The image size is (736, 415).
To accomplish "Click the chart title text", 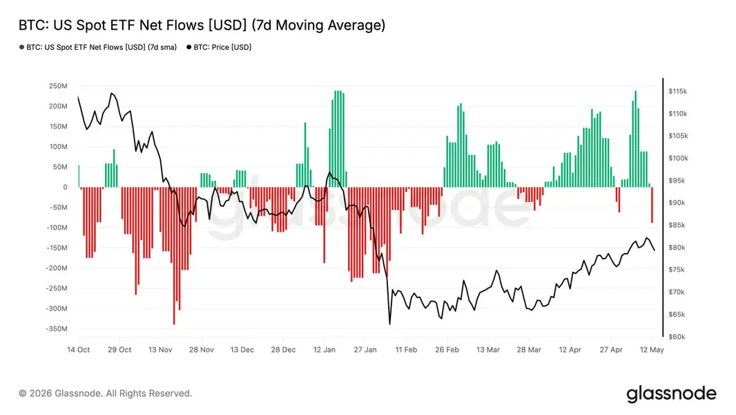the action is tap(202, 26).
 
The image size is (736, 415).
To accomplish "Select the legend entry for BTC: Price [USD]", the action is tap(219, 47).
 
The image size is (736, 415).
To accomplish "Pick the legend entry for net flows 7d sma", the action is tap(98, 47).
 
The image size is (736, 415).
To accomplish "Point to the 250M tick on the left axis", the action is tap(58, 86).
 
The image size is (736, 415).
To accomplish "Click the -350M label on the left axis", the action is tap(57, 329).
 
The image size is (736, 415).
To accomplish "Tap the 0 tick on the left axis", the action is tap(65, 187).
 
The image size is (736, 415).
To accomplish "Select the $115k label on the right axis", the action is tap(678, 91).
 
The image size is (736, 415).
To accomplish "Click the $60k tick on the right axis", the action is tap(677, 337).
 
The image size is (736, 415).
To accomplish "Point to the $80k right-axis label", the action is tap(677, 248).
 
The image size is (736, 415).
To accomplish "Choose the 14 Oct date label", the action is tap(79, 350).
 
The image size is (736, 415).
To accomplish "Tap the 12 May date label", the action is tap(652, 350).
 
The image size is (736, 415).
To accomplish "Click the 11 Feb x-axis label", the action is tap(406, 350).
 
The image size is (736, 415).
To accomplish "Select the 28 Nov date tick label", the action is tap(202, 350).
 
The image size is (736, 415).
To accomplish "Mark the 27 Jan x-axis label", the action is tap(365, 350).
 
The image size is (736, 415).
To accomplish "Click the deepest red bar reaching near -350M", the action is tap(174, 256).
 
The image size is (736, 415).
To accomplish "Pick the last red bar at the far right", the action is tap(652, 205).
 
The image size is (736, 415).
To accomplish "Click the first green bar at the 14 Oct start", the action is tap(79, 176).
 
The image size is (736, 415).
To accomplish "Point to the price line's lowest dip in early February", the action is tap(389, 324).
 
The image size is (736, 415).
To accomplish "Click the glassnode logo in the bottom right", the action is tap(672, 394).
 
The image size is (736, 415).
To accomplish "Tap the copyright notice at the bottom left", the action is tap(106, 394).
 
